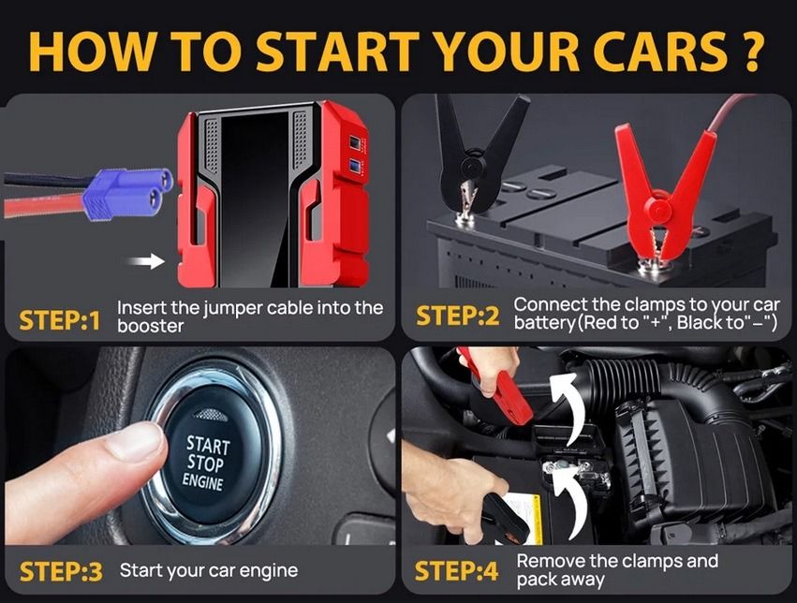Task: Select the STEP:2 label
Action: [458, 316]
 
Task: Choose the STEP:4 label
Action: [457, 571]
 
